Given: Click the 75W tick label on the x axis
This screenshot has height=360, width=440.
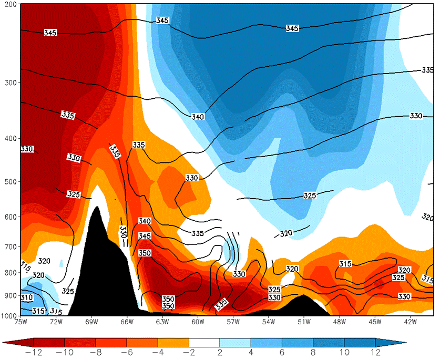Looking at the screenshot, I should (x=21, y=322).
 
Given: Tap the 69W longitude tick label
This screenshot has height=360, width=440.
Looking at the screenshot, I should (x=91, y=322).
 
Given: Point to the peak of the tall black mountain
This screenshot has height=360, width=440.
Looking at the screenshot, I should (x=96, y=207).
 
